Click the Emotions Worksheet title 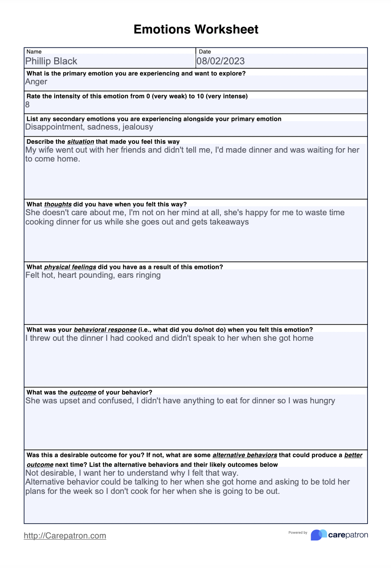(196, 29)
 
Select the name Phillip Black (51, 61)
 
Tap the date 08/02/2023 (221, 61)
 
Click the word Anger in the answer (36, 82)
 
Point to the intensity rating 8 (28, 105)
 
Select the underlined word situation (80, 142)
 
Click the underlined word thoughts (58, 205)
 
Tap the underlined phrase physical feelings (70, 267)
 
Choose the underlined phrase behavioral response (105, 330)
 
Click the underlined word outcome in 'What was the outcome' (83, 392)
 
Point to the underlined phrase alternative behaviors (245, 455)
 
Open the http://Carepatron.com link (65, 536)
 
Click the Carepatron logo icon (318, 535)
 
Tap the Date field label (205, 51)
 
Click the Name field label (34, 51)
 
